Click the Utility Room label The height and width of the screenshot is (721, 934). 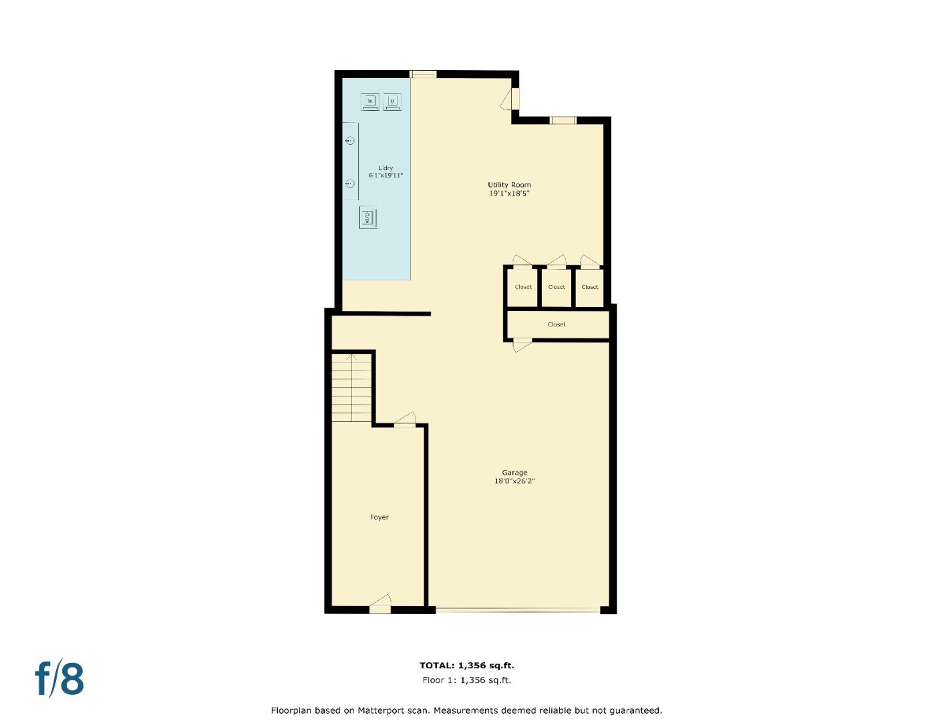[509, 185]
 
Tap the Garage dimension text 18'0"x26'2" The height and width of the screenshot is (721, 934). [514, 481]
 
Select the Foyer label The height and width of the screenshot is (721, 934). [379, 517]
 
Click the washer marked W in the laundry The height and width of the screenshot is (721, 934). [370, 101]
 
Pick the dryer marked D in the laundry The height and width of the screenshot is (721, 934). [392, 101]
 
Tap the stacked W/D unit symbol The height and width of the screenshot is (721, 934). [368, 218]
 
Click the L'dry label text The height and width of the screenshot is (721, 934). [385, 168]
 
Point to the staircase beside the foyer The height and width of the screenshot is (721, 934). [352, 387]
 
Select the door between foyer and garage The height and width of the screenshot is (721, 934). [405, 421]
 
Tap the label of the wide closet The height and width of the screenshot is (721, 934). [557, 324]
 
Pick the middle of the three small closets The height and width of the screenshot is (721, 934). [557, 287]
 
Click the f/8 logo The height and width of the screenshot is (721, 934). [59, 678]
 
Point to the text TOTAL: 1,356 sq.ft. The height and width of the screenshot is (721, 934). [466, 665]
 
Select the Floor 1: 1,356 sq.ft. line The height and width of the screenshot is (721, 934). [466, 680]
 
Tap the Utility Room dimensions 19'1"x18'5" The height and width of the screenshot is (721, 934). [509, 194]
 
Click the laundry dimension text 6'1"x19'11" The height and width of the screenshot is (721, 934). [385, 176]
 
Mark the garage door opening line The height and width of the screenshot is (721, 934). [518, 610]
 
